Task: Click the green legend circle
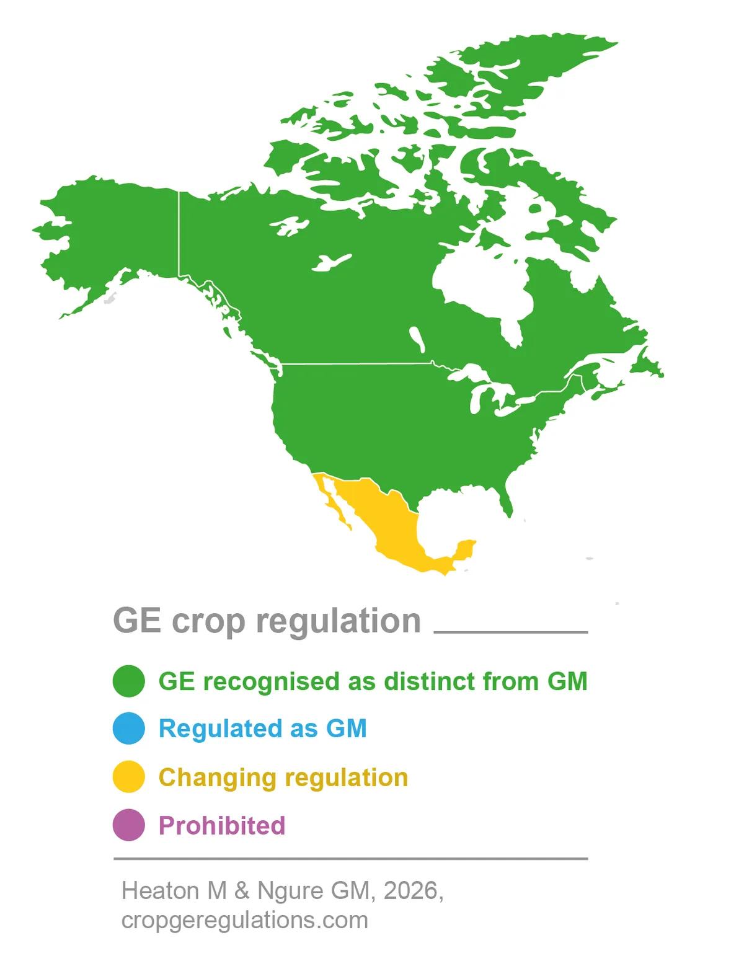[x=129, y=681]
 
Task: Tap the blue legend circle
[x=129, y=728]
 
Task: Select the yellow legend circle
[x=129, y=777]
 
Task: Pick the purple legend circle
[x=129, y=825]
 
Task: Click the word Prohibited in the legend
[x=222, y=826]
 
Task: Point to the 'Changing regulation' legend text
[x=283, y=777]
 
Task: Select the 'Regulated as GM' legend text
[x=263, y=728]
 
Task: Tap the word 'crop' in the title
[x=208, y=621]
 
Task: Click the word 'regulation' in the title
[x=339, y=621]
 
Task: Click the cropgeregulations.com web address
[x=245, y=920]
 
